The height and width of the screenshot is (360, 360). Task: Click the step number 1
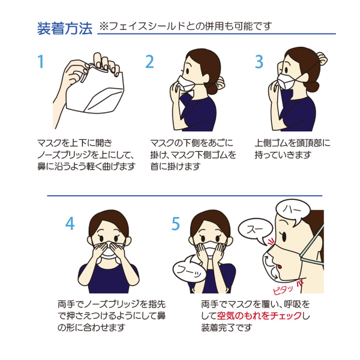[x=41, y=61]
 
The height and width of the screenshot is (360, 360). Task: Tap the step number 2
[x=150, y=61]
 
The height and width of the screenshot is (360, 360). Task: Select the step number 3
[x=259, y=61]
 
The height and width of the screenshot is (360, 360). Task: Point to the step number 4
[x=70, y=224]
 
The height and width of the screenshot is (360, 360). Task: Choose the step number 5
[x=176, y=224]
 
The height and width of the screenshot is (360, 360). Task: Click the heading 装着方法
[x=65, y=28]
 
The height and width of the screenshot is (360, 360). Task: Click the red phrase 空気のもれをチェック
[x=260, y=316]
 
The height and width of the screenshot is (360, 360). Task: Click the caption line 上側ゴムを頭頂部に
[x=292, y=143]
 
